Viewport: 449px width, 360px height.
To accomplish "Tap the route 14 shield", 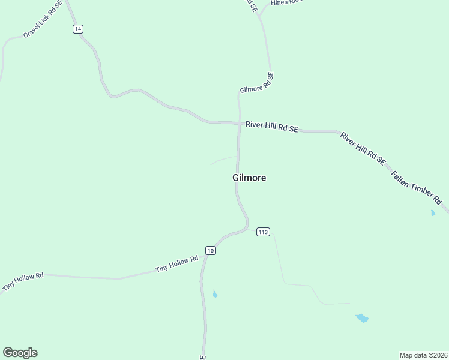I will click(78, 29).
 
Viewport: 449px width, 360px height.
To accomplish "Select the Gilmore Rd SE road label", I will click(257, 83).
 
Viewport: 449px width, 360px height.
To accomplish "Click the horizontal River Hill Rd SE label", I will click(271, 127).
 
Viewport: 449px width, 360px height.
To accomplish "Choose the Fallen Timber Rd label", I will click(416, 187).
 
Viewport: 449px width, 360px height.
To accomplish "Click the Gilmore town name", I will click(249, 178).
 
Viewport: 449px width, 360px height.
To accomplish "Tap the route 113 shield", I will click(263, 232).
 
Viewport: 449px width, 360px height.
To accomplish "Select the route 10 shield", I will click(209, 250).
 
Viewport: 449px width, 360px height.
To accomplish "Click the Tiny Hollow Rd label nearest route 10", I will click(176, 264).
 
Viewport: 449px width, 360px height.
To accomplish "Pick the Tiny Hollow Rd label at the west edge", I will click(23, 282).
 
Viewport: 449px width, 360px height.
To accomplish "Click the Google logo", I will click(20, 353).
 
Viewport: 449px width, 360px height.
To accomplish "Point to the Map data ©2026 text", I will click(423, 355).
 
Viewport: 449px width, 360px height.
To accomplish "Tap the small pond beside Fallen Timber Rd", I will click(433, 212).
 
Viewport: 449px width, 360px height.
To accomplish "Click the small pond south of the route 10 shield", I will click(215, 293).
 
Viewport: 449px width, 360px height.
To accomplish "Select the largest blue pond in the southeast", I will click(361, 317).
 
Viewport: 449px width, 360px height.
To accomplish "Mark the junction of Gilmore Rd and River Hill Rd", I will click(239, 124).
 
